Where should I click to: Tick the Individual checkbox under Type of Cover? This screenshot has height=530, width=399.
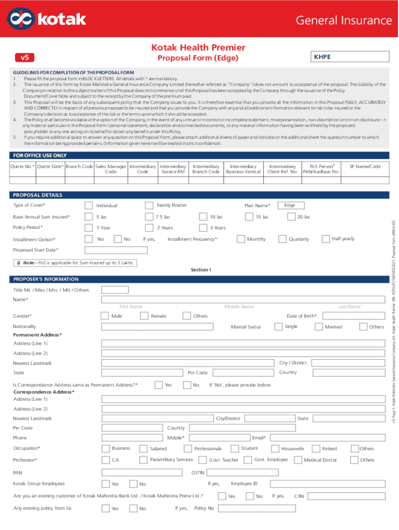click(x=89, y=205)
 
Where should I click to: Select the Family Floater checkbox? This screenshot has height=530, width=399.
click(x=149, y=205)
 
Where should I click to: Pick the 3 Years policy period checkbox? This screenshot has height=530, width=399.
click(x=203, y=228)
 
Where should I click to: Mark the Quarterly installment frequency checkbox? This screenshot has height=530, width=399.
click(x=282, y=239)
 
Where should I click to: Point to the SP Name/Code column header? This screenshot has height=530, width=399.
click(x=365, y=166)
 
